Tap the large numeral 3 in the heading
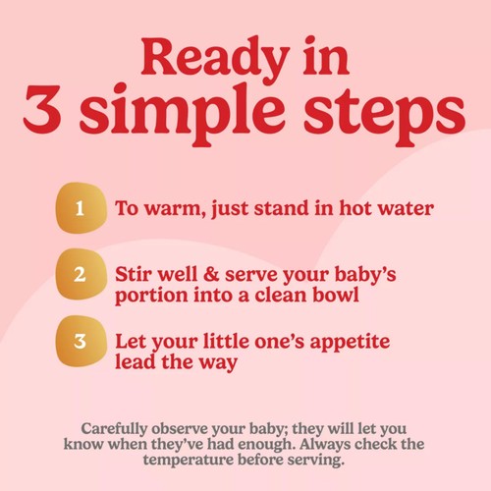(42, 109)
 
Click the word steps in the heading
(385, 115)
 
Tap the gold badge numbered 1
(82, 208)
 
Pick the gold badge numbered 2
(82, 274)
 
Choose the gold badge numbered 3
(82, 341)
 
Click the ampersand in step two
(211, 274)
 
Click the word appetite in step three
(350, 343)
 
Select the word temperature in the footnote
(188, 461)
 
